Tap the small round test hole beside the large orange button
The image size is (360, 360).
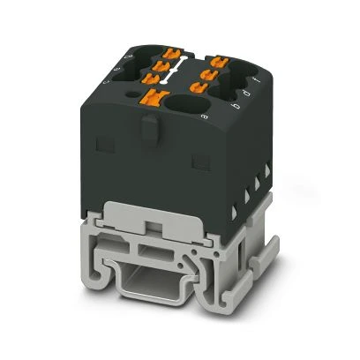(x=133, y=92)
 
